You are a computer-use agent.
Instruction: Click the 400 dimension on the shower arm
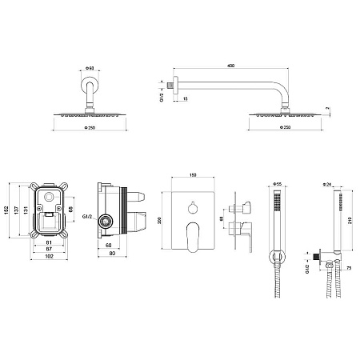tap(231, 66)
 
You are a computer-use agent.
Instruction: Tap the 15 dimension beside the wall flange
tap(186, 99)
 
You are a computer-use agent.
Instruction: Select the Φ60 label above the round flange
tap(90, 68)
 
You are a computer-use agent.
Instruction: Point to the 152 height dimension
tap(6, 210)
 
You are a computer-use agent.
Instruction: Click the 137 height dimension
tap(16, 210)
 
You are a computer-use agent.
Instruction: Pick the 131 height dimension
tap(26, 210)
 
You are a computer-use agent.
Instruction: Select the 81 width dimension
tap(49, 242)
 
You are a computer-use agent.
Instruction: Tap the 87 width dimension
tap(49, 249)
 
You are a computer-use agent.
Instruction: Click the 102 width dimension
tap(49, 256)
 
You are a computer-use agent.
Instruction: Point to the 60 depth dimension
tap(109, 246)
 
